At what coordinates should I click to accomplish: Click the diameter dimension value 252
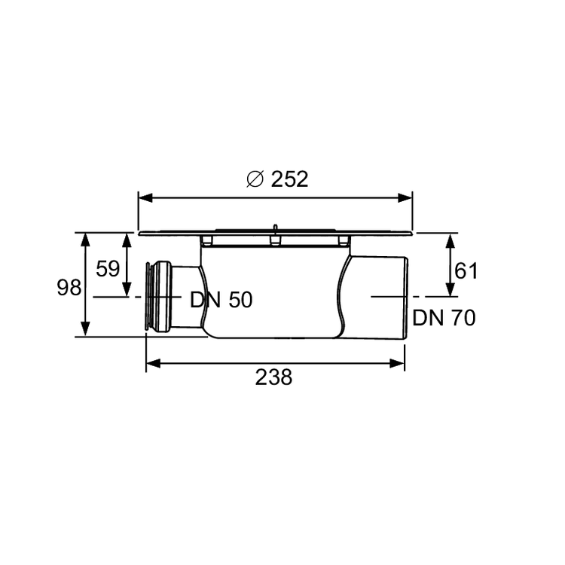click(289, 179)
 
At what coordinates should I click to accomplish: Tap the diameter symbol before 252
click(255, 179)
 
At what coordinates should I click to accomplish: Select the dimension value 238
click(274, 377)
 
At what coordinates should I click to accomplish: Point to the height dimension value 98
click(69, 288)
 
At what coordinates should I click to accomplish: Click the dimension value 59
click(108, 269)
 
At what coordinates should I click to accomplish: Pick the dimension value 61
click(466, 271)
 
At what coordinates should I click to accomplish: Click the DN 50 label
click(221, 300)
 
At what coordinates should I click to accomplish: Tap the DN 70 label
click(444, 318)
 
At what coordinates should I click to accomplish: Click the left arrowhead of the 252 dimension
click(146, 198)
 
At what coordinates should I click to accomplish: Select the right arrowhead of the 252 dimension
click(405, 198)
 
